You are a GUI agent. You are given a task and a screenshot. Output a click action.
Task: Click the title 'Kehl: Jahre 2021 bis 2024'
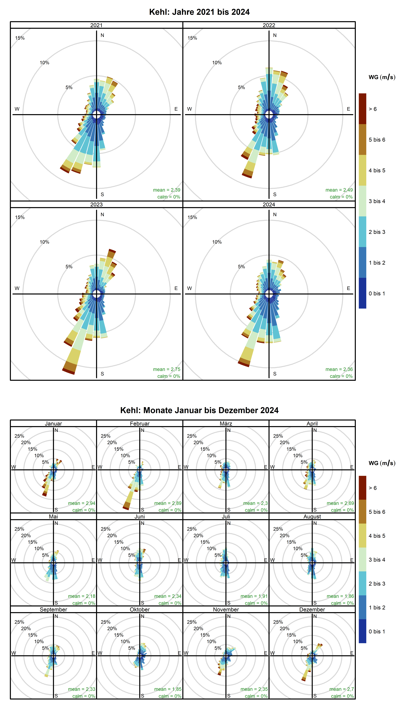click(199, 12)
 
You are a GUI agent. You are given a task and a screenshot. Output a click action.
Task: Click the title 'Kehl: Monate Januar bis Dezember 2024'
click(199, 410)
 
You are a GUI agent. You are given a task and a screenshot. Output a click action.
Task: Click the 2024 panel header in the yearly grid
click(269, 205)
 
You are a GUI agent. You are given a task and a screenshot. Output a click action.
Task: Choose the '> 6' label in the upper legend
click(373, 109)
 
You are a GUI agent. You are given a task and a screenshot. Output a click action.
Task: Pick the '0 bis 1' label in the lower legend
click(377, 631)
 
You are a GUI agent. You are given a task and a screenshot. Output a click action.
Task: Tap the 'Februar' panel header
click(140, 424)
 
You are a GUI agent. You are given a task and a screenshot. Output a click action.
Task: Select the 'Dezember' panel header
click(312, 609)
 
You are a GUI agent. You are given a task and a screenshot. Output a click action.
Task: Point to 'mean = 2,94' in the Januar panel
click(82, 503)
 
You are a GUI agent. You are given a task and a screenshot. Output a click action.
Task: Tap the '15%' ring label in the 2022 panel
click(192, 38)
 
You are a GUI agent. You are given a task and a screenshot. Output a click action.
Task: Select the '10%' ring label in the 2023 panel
click(44, 242)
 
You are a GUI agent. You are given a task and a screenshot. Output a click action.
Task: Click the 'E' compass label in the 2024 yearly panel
click(348, 288)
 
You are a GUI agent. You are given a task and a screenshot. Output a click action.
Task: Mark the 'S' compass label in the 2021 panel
click(102, 194)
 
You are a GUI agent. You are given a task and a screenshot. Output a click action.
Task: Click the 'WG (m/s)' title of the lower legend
click(382, 463)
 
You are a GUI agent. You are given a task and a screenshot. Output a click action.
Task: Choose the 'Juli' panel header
click(226, 516)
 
